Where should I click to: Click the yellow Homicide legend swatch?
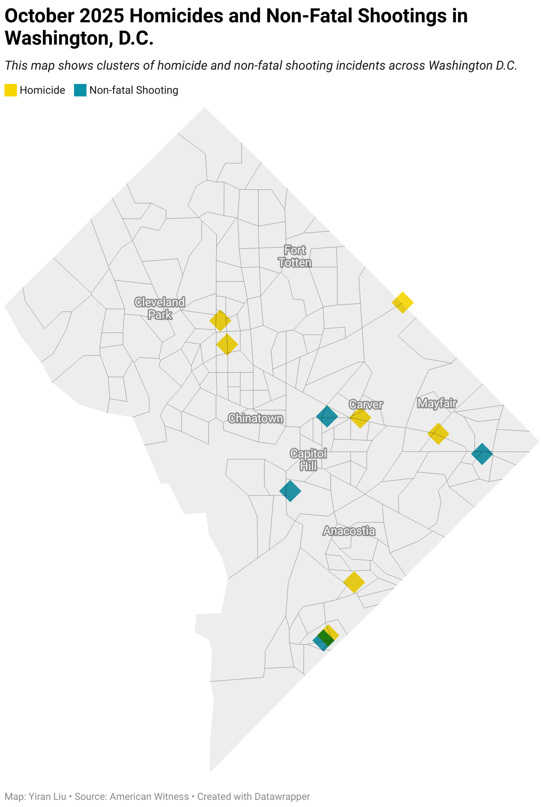[11, 90]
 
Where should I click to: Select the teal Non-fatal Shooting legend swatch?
[80, 90]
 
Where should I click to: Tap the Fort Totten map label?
[295, 257]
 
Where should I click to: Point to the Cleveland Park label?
[160, 308]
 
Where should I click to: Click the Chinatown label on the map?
[256, 418]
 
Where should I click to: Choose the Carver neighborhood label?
[366, 404]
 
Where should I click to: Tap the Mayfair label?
[437, 403]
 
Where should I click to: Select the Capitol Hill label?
[309, 460]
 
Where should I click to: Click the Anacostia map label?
[349, 531]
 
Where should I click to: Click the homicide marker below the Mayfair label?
[438, 433]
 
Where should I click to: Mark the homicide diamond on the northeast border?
[403, 303]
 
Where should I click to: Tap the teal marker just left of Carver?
[327, 416]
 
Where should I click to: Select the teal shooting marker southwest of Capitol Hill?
[290, 491]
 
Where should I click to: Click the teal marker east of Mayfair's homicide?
[482, 454]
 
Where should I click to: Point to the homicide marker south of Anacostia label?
[354, 582]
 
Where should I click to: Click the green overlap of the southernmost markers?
[325, 638]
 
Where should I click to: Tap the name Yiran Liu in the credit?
[47, 796]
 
